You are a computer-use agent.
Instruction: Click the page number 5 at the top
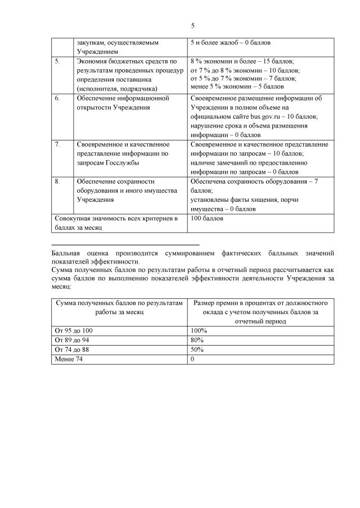pos(192,25)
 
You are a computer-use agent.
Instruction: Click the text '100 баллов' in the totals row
pos(207,218)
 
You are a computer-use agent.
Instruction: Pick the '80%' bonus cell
pos(197,340)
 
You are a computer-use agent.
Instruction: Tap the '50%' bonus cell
pos(197,350)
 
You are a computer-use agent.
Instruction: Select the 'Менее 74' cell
pos(67,359)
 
